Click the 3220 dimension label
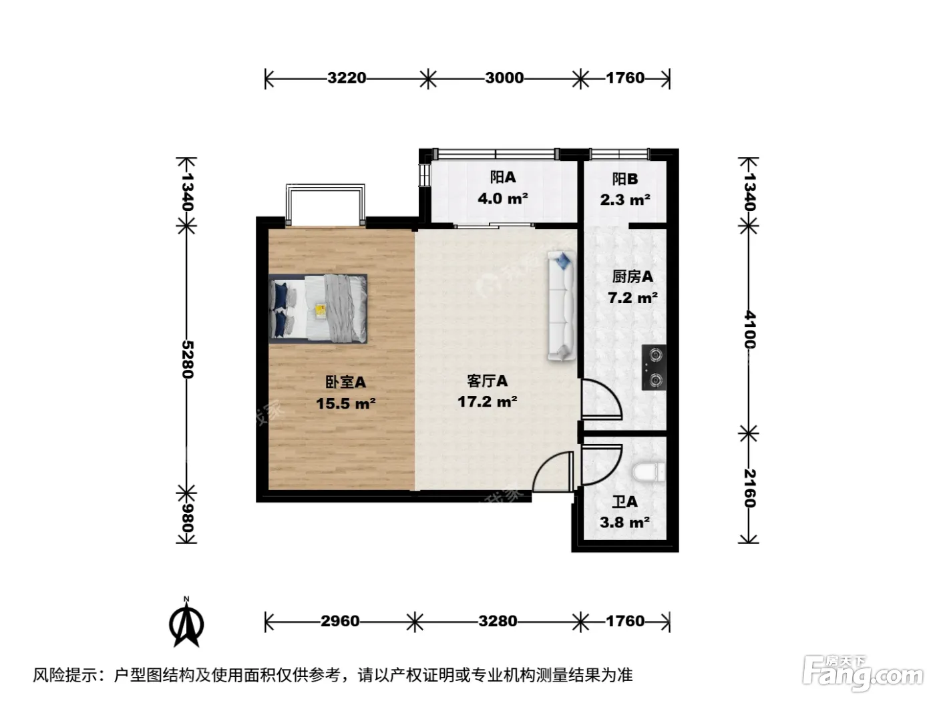click(x=347, y=78)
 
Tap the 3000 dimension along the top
click(x=504, y=78)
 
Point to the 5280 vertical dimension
click(x=187, y=360)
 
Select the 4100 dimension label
click(x=749, y=330)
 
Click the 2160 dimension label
click(x=749, y=488)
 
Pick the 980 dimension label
click(x=187, y=519)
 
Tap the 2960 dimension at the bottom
click(x=340, y=622)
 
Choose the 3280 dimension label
click(x=498, y=622)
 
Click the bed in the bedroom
click(x=318, y=308)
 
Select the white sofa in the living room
click(x=562, y=306)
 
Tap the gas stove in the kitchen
click(x=654, y=367)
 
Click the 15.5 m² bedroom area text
click(x=345, y=403)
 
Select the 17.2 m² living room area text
click(x=488, y=401)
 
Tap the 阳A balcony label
click(x=503, y=177)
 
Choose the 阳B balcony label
click(x=625, y=179)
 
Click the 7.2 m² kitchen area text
click(x=632, y=298)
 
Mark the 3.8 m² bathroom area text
click(x=624, y=522)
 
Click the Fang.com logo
click(x=863, y=674)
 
